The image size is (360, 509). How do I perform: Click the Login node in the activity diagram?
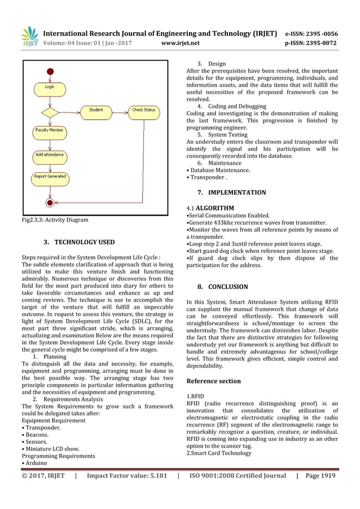point(50,87)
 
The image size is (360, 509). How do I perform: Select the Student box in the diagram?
point(96,109)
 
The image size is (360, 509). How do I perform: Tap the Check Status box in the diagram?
point(143,109)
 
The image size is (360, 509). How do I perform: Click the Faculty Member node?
point(50,130)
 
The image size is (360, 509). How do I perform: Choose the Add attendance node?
point(50,155)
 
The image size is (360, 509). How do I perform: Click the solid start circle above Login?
point(50,71)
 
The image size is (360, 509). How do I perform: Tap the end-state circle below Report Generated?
point(50,201)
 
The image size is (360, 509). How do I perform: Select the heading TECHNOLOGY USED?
point(84,243)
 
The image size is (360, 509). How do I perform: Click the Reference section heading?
point(213,381)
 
